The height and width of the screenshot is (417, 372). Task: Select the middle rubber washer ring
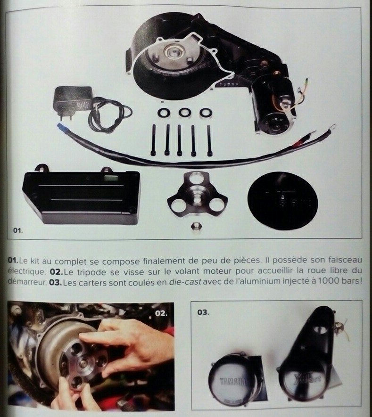(184, 112)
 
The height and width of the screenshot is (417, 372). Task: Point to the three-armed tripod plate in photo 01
(197, 194)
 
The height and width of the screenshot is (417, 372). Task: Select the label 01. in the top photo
(18, 230)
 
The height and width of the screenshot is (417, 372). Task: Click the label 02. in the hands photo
(161, 313)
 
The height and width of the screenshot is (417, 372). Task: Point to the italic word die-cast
(185, 282)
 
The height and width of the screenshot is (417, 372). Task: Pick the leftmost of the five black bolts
(154, 140)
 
